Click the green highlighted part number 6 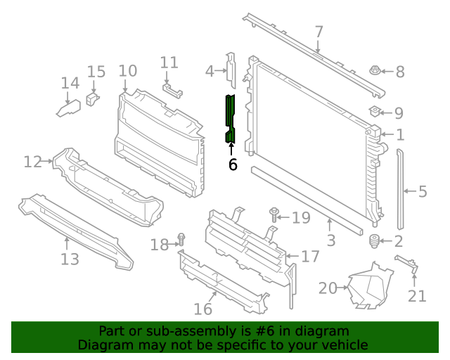[x=230, y=119]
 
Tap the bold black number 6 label [x=233, y=165]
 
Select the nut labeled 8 [x=375, y=70]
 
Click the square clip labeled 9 [x=375, y=111]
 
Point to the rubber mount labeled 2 [x=374, y=241]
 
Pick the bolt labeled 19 [x=274, y=214]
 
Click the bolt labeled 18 [x=181, y=240]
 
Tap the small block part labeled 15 [x=92, y=98]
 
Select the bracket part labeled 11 [x=172, y=90]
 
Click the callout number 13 [x=70, y=259]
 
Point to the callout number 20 [x=328, y=288]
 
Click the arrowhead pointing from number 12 [x=51, y=161]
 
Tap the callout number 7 [x=319, y=32]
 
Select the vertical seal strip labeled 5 [x=400, y=189]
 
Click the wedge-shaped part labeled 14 [x=69, y=108]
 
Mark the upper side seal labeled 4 [x=231, y=70]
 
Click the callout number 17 [x=310, y=257]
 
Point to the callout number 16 [x=203, y=309]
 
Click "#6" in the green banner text [x=264, y=331]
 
